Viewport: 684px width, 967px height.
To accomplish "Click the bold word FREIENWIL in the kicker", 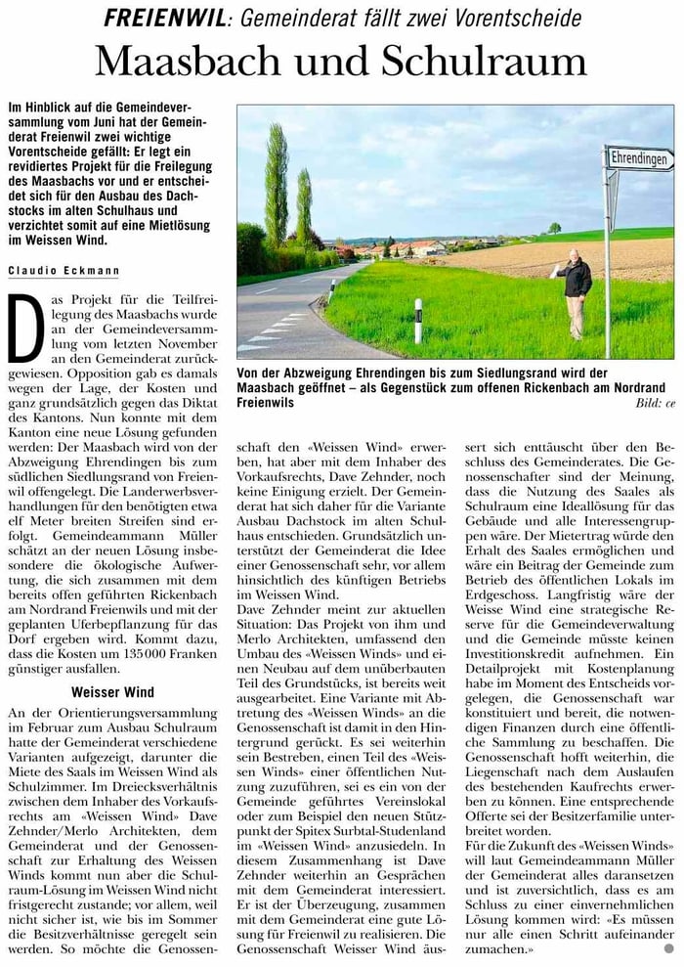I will (x=156, y=18).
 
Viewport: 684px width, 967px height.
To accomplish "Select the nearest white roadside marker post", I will (x=418, y=321).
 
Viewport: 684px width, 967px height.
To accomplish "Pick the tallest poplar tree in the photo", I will (x=277, y=186).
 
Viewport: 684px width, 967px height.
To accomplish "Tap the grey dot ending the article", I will (x=668, y=948).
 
